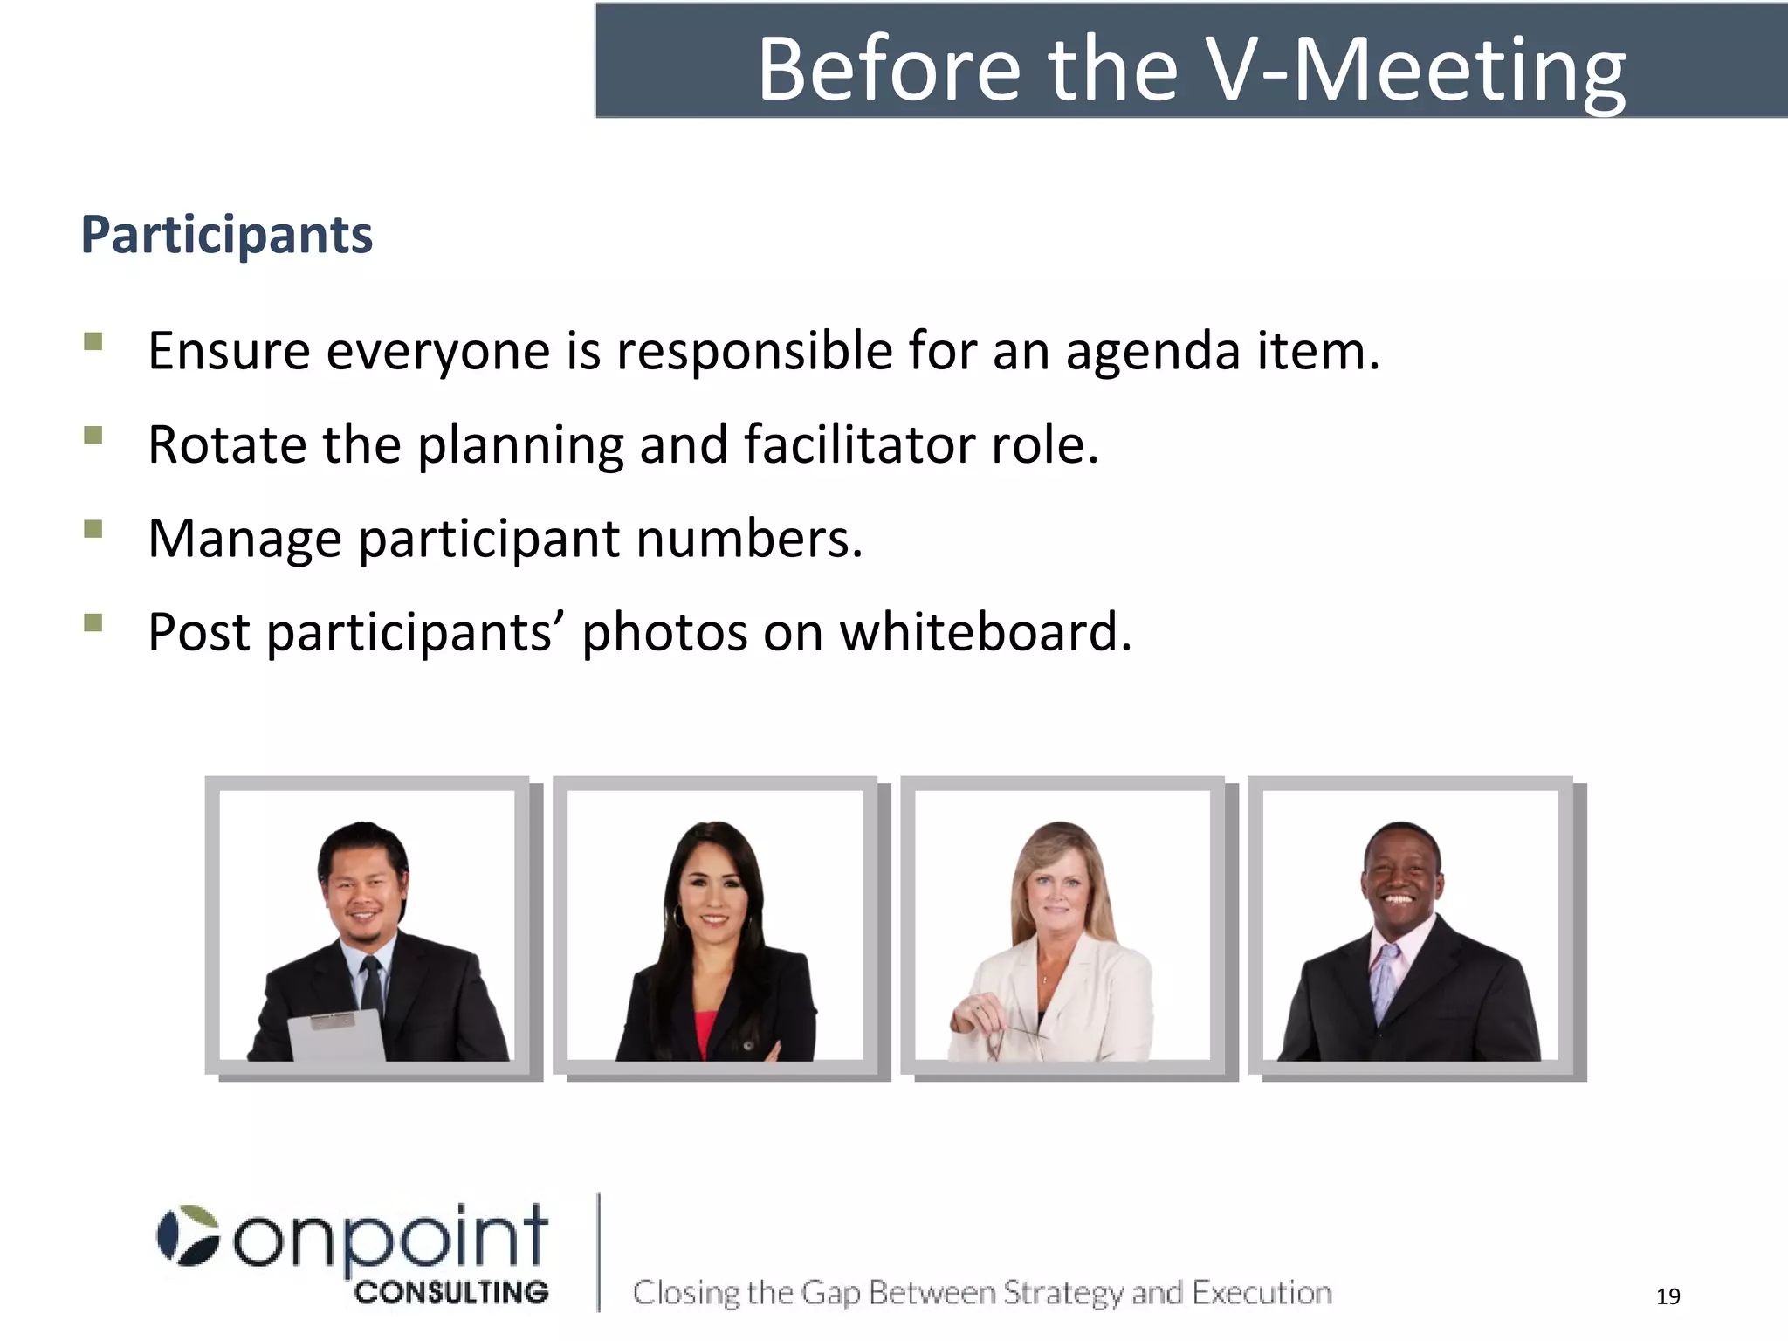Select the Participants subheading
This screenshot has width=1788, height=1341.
[x=227, y=236]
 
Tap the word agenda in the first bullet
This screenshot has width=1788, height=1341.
[x=1152, y=353]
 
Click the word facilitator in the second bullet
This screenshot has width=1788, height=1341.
[x=859, y=444]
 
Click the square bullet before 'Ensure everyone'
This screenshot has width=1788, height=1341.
[x=93, y=341]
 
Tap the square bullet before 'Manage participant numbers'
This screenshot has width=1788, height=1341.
[x=93, y=529]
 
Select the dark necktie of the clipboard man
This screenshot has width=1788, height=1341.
[x=372, y=987]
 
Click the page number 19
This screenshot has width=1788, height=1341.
[x=1668, y=1296]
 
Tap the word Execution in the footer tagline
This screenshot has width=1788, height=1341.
[x=1262, y=1293]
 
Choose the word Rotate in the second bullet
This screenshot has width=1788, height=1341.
[x=227, y=444]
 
